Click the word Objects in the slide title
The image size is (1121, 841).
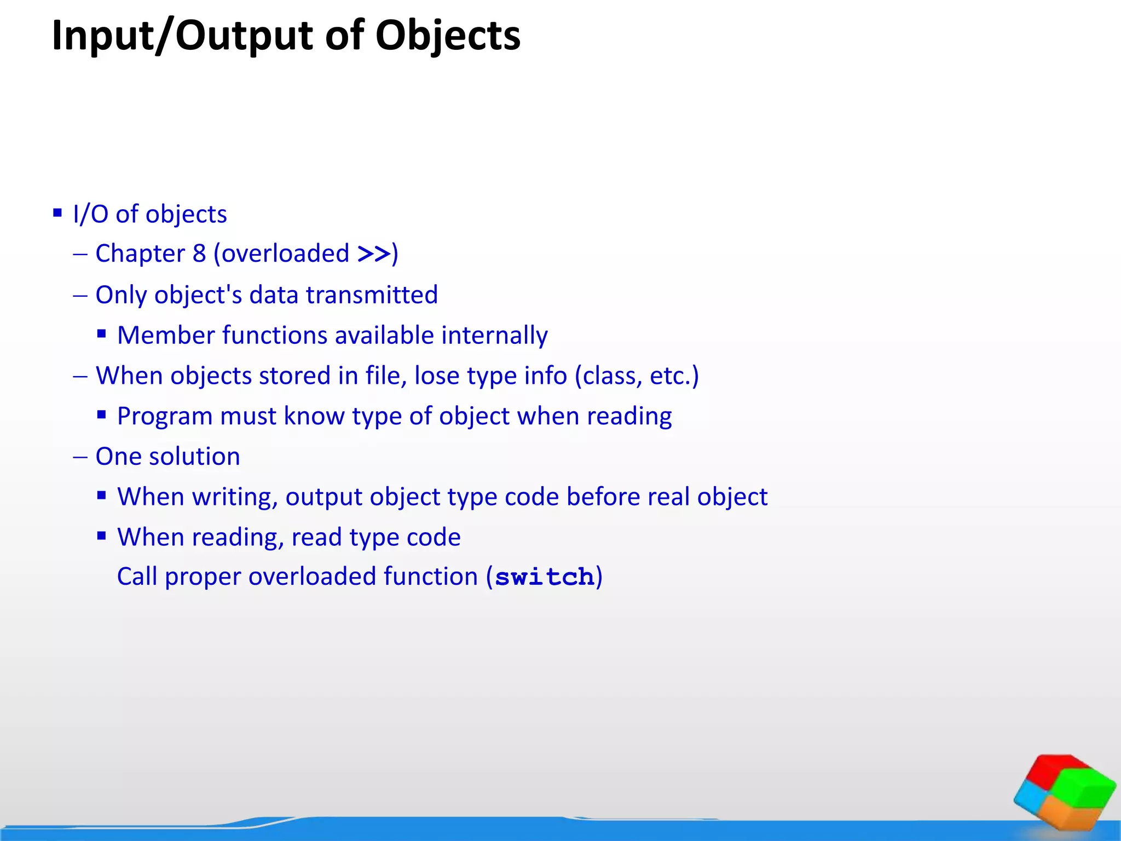[448, 36]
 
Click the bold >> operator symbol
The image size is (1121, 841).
[373, 254]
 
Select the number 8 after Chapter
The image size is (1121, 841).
[199, 254]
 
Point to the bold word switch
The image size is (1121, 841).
[544, 577]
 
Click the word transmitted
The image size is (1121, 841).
[372, 295]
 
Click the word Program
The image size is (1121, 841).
[165, 417]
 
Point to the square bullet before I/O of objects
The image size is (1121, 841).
[57, 213]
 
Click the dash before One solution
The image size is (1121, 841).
[80, 457]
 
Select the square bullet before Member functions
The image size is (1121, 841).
[101, 334]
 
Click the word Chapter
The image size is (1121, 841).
[140, 254]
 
